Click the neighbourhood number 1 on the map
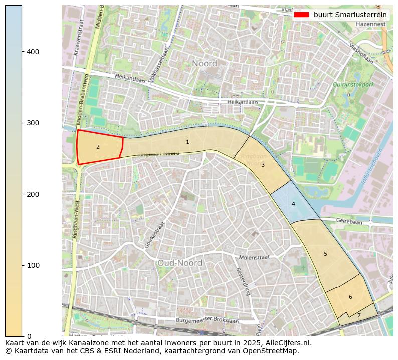(x=187, y=142)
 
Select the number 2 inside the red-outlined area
(x=98, y=147)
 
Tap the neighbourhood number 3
(x=263, y=165)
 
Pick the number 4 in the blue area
(x=293, y=204)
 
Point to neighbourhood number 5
(x=325, y=254)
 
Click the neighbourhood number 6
(x=350, y=297)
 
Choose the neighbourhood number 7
(x=359, y=316)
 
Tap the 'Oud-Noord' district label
(x=179, y=263)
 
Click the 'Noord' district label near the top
(x=205, y=64)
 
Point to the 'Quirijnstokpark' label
(x=353, y=85)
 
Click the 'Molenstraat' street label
(x=254, y=257)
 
